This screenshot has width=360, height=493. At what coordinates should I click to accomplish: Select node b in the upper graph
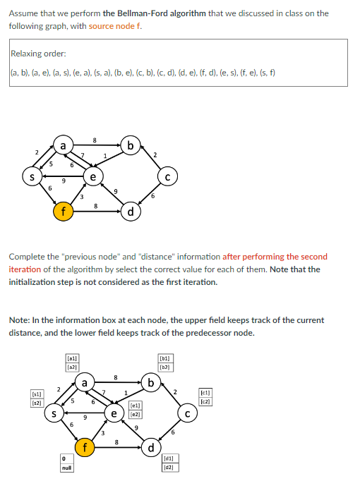[131, 146]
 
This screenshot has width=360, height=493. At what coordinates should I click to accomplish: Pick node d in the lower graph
[150, 448]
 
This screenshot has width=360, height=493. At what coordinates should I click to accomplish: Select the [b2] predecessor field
[164, 367]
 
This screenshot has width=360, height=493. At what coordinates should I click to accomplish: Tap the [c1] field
[205, 392]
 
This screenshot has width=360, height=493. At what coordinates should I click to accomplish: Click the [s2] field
[35, 402]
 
